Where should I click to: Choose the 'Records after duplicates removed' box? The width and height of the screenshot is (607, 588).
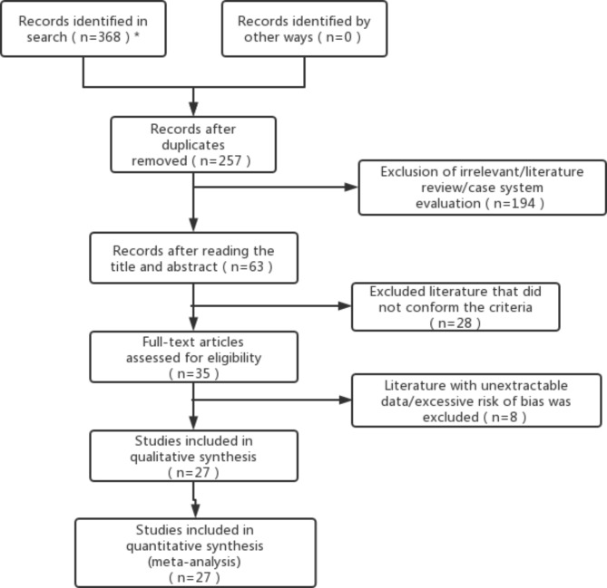pos(193,143)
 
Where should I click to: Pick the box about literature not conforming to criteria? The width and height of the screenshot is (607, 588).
pos(456,305)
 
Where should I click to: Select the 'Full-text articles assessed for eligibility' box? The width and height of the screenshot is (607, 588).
pos(193,357)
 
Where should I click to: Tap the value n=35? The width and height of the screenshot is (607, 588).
pos(193,373)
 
